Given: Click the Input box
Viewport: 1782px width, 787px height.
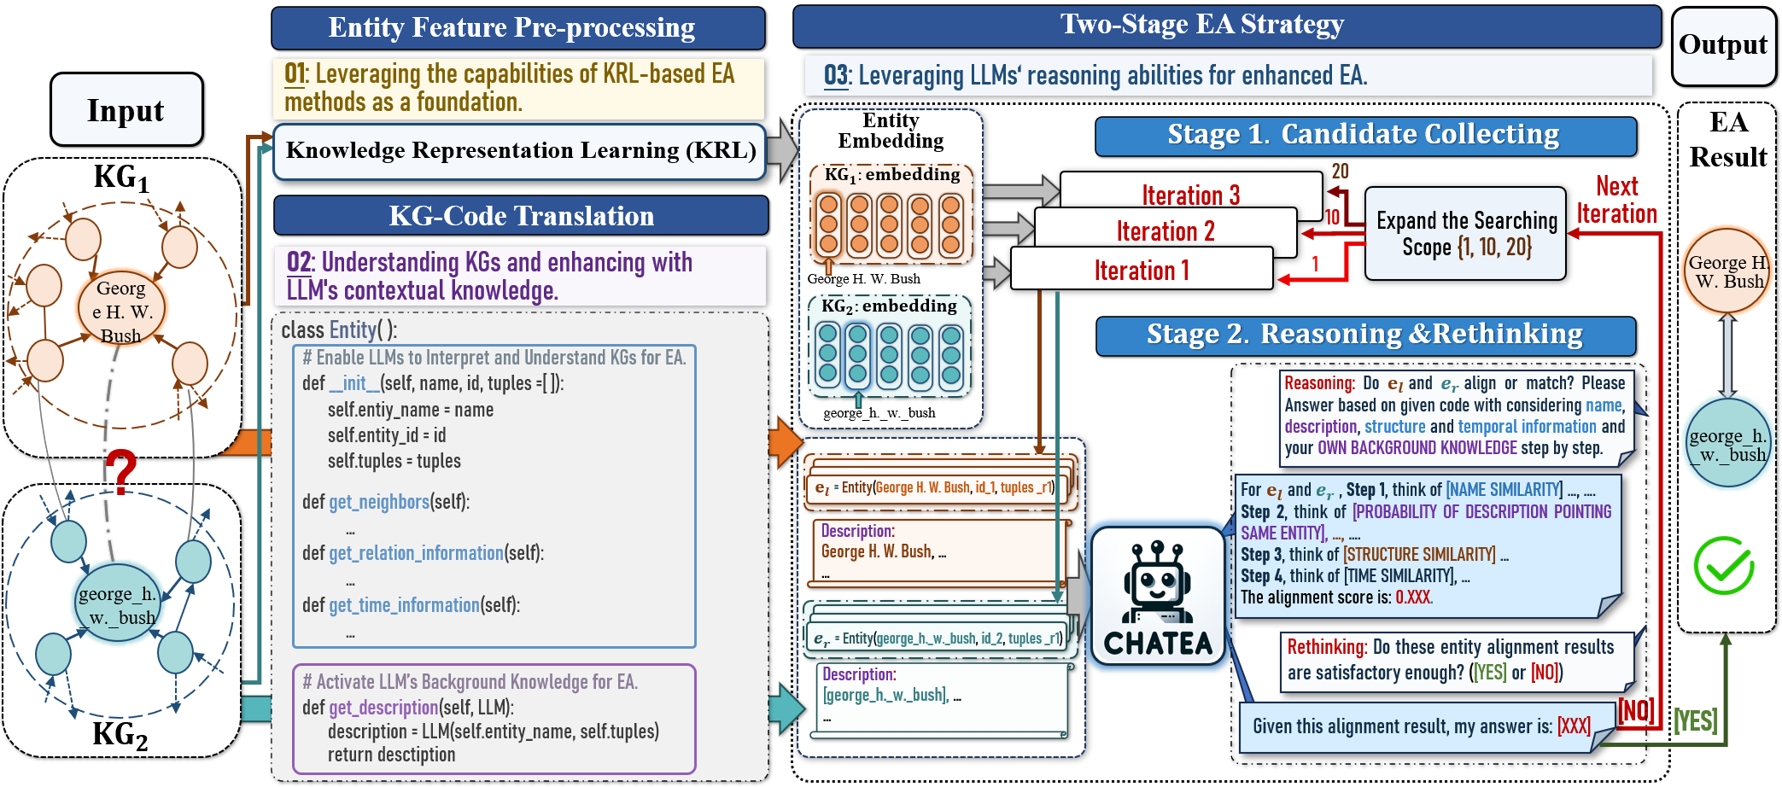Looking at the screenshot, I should pyautogui.click(x=126, y=110).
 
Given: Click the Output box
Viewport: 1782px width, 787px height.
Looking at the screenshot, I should pyautogui.click(x=1722, y=45).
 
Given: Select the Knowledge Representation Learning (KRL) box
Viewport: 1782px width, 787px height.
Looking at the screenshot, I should pyautogui.click(x=520, y=151).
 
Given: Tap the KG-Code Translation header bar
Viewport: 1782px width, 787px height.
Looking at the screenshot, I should pyautogui.click(x=521, y=216).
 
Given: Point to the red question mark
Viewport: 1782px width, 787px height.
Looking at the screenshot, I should pyautogui.click(x=120, y=471).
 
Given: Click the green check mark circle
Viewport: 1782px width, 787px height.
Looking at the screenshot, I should pyautogui.click(x=1723, y=566).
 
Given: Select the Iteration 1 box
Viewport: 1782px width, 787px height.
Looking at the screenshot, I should pyautogui.click(x=1142, y=271).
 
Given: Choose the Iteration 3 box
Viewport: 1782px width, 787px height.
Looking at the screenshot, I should pyautogui.click(x=1190, y=195).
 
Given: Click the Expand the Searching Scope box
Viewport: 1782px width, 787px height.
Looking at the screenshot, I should pyautogui.click(x=1465, y=234).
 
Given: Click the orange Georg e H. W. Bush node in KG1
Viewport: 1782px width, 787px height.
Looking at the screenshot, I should pyautogui.click(x=121, y=311).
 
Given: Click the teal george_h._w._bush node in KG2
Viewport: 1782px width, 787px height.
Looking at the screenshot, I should pyautogui.click(x=117, y=604).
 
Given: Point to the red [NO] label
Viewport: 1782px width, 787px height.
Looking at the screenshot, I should pyautogui.click(x=1635, y=710).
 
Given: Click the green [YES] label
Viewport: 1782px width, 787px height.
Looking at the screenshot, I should pyautogui.click(x=1695, y=721).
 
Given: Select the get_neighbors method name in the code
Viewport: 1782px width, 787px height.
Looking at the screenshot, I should pyautogui.click(x=379, y=502).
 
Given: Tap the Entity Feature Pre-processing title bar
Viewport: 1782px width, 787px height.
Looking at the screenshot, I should pyautogui.click(x=517, y=28).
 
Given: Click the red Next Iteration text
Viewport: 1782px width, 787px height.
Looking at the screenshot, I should pyautogui.click(x=1616, y=200).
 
